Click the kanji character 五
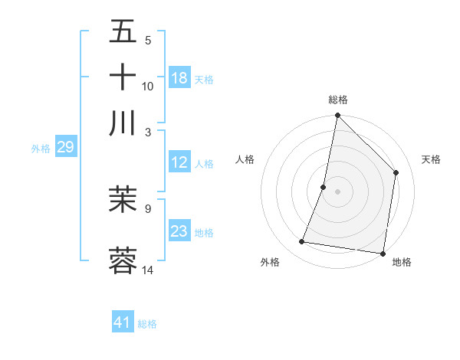123,31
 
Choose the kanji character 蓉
123,260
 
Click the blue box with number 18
179,78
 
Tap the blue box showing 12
179,162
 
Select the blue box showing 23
179,231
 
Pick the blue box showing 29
65,147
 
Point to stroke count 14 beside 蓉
148,270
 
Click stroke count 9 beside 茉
148,208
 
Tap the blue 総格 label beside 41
147,324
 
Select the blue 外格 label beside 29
40,149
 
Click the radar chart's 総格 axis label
337,100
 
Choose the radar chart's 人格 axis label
245,159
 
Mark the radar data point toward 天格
396,172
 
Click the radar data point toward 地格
382,253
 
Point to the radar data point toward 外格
302,242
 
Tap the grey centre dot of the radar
337,191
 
